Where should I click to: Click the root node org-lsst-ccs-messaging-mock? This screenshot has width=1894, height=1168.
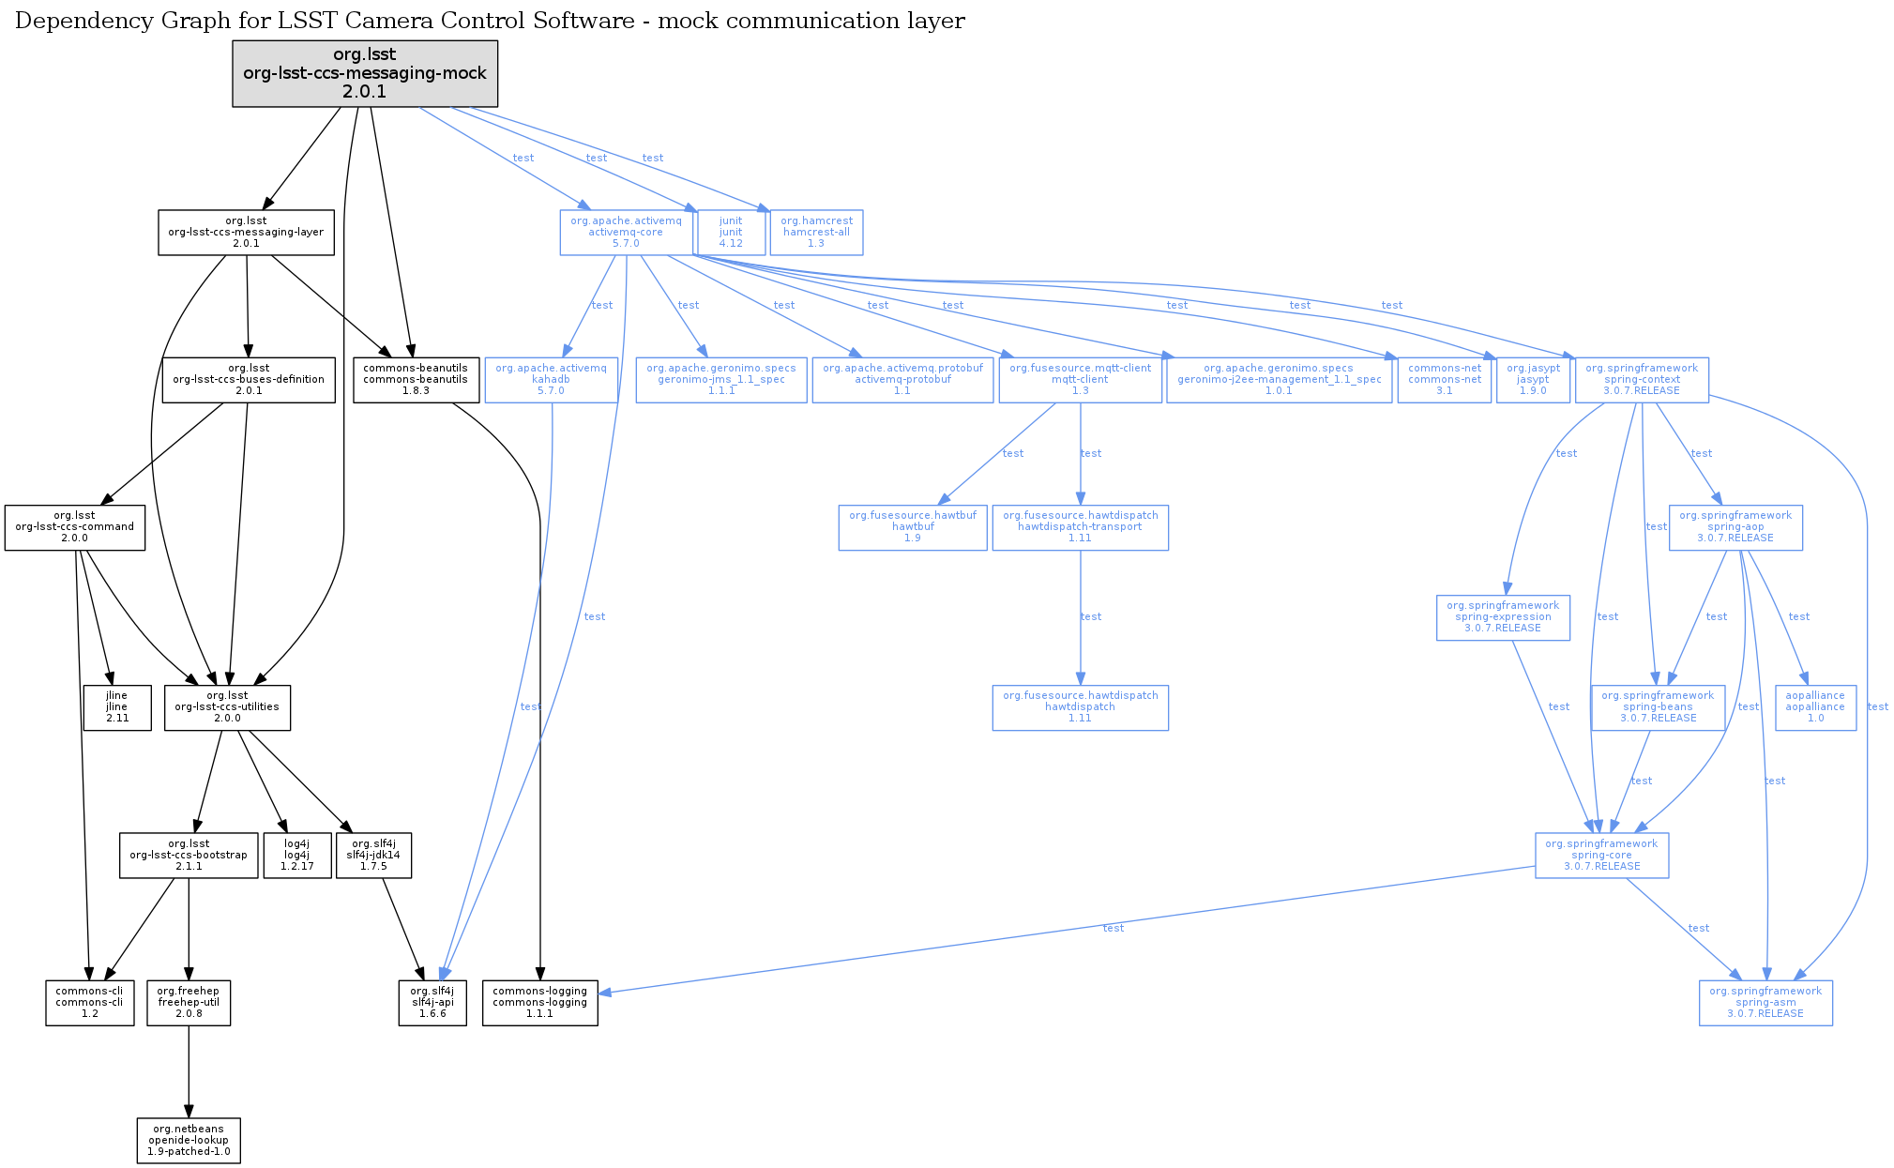365,73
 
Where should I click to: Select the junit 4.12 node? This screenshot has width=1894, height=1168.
730,233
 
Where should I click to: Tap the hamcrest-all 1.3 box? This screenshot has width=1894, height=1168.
816,233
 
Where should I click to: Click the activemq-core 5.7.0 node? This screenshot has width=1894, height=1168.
626,233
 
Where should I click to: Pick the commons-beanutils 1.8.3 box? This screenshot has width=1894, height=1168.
416,380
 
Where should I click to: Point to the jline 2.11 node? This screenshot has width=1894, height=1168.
116,707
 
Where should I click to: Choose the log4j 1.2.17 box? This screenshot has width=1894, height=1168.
296,856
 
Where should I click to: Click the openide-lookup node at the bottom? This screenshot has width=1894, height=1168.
189,1141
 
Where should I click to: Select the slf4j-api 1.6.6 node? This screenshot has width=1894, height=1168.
432,1003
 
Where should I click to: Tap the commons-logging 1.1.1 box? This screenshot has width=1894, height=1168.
539,1003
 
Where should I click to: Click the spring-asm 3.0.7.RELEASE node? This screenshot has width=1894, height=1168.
1765,1003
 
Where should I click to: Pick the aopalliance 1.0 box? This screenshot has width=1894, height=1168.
1814,707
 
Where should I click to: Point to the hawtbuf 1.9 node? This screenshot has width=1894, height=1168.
912,527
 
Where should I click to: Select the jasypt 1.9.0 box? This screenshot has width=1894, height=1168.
1533,380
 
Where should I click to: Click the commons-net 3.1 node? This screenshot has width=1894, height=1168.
1444,380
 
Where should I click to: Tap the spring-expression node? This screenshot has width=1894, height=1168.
1502,617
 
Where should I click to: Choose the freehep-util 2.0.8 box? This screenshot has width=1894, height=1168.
189,1003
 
